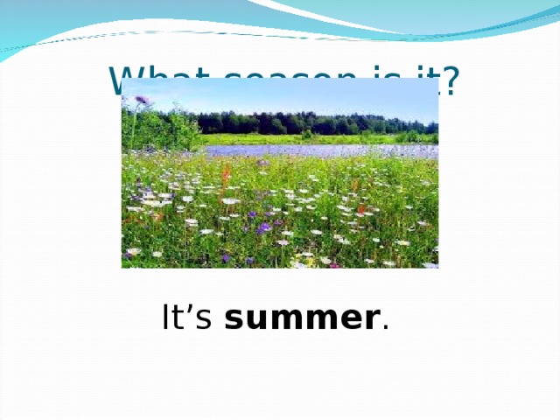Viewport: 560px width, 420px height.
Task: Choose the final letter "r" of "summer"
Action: coord(372,321)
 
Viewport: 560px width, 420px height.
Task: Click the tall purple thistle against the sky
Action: coord(141,102)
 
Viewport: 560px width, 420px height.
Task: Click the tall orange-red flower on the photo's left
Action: coord(225,175)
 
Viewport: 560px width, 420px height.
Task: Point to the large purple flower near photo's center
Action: coord(263,227)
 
